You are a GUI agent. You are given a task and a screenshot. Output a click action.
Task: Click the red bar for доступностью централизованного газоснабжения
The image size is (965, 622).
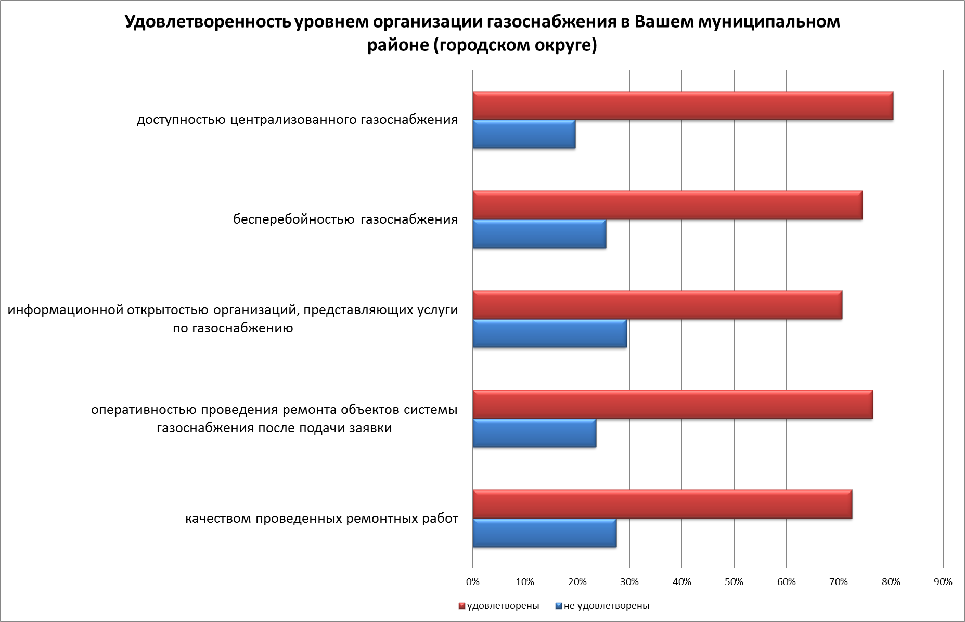(x=683, y=106)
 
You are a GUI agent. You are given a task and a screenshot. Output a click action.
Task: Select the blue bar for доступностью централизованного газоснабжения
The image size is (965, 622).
(x=524, y=134)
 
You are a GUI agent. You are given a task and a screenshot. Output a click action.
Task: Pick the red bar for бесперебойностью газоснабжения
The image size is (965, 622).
(x=667, y=205)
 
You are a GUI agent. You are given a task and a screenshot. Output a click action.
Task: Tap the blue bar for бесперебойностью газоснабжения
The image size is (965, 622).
(x=539, y=234)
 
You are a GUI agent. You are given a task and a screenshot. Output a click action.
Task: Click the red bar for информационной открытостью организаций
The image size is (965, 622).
(x=657, y=305)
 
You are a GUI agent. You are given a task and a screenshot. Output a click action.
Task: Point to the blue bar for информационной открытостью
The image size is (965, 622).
(x=550, y=333)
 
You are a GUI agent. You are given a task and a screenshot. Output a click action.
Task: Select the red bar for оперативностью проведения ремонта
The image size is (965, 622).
(x=673, y=404)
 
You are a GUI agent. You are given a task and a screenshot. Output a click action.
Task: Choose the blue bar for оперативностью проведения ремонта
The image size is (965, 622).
(x=534, y=433)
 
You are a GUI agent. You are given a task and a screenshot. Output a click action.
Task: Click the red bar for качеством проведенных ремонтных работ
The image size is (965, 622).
(x=662, y=504)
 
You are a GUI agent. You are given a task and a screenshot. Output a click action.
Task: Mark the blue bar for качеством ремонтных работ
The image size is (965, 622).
(x=545, y=533)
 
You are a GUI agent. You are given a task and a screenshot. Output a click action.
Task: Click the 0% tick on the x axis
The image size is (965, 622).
(x=472, y=582)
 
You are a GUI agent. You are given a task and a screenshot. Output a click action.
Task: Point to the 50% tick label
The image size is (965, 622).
(x=734, y=582)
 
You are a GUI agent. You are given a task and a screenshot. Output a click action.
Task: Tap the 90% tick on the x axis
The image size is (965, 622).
(x=943, y=582)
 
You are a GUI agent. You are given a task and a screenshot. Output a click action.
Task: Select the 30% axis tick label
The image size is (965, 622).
(x=629, y=582)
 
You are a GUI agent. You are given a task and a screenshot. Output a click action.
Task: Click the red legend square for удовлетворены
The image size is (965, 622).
(x=461, y=606)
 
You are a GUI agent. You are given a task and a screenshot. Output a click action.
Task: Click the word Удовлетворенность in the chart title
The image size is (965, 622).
(x=208, y=22)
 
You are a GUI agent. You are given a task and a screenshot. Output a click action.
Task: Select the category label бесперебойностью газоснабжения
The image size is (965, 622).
(x=345, y=219)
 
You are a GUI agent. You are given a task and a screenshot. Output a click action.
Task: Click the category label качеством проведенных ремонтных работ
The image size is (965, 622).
(x=322, y=519)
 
